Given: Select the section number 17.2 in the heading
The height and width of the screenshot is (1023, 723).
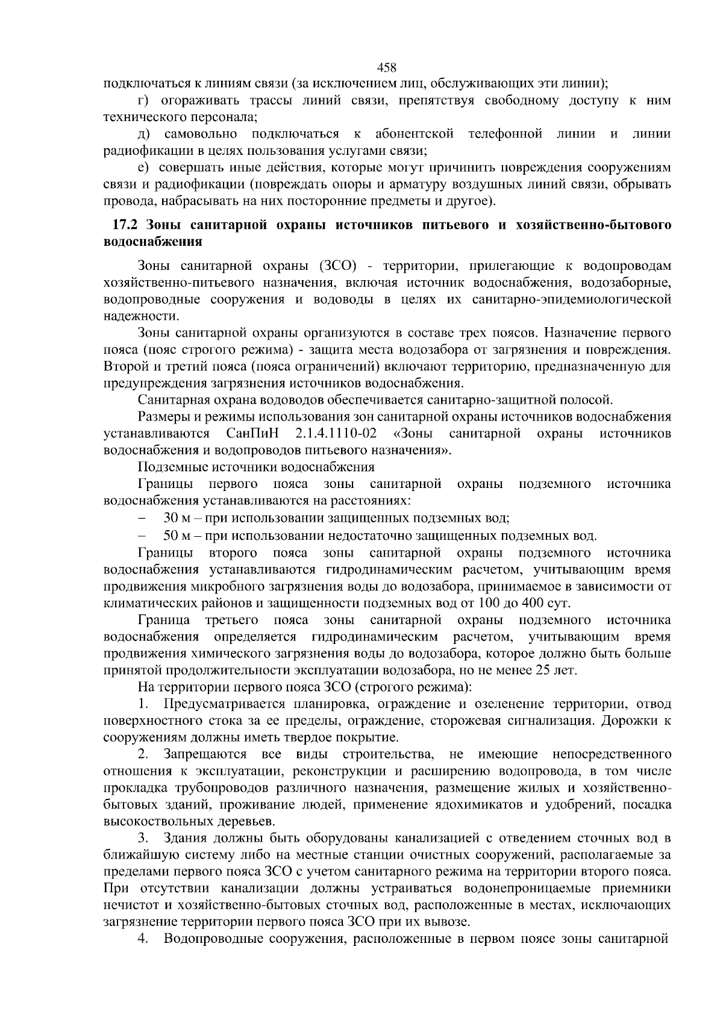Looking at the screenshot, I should pyautogui.click(x=125, y=226).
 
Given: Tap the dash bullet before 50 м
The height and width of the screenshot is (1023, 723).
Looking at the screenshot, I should pyautogui.click(x=142, y=535).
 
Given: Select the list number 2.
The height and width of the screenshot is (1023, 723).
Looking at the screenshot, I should pyautogui.click(x=143, y=754).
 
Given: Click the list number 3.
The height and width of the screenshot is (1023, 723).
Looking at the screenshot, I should pyautogui.click(x=143, y=838).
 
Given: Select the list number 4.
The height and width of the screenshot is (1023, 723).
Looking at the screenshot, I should pyautogui.click(x=143, y=939).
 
